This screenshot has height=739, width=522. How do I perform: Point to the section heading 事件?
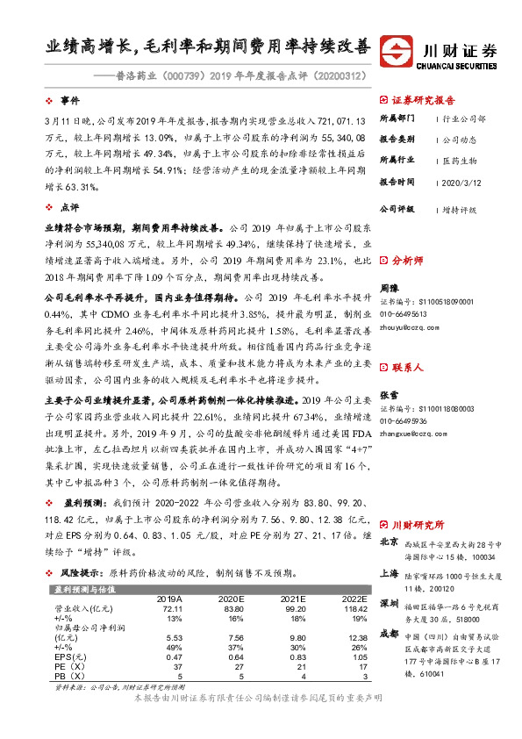coord(69,99)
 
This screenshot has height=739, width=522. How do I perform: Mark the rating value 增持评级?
coord(460,211)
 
